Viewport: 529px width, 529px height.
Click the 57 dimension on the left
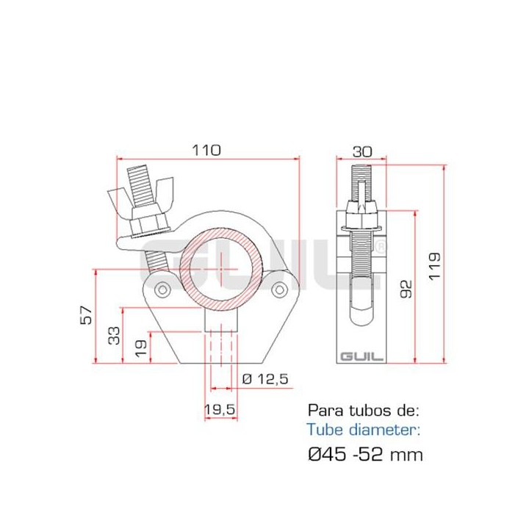tap(87, 315)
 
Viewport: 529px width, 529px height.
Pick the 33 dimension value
tap(114, 335)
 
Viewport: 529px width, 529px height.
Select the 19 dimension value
tap(140, 348)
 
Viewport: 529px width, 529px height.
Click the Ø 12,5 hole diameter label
tap(264, 378)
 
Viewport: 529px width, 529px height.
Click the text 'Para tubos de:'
tap(363, 409)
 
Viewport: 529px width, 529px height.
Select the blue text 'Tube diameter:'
tap(364, 430)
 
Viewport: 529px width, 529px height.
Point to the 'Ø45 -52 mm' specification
tap(365, 454)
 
